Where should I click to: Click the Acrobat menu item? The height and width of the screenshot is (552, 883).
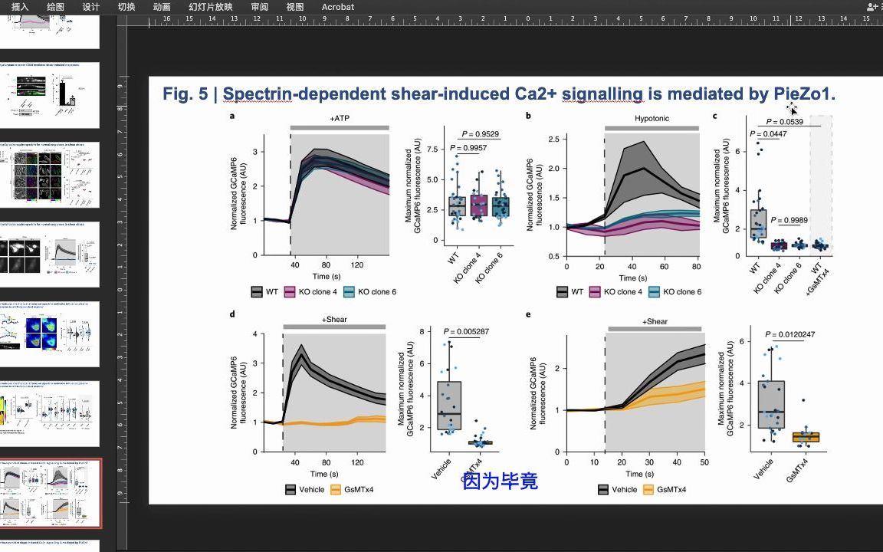pos(337,7)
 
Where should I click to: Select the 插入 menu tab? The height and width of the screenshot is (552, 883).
pos(20,7)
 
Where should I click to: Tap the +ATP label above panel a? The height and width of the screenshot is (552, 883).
pos(339,119)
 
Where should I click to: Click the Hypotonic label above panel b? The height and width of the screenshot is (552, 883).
pos(652,119)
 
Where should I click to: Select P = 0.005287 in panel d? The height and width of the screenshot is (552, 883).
pos(466,332)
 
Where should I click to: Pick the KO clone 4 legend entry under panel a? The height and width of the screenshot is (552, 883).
pos(310,292)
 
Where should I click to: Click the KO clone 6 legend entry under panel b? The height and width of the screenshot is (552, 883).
pos(675,292)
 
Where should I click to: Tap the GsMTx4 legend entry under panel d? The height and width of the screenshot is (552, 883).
pos(363,489)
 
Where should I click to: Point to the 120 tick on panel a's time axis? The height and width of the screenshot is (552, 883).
pos(357,264)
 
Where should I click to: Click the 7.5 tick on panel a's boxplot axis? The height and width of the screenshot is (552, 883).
pos(435,149)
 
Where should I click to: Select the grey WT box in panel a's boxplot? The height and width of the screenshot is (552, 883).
pos(457,206)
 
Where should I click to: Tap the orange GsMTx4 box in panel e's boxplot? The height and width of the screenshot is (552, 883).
pos(806,437)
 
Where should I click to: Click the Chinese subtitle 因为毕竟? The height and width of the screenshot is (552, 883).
pos(501,481)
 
